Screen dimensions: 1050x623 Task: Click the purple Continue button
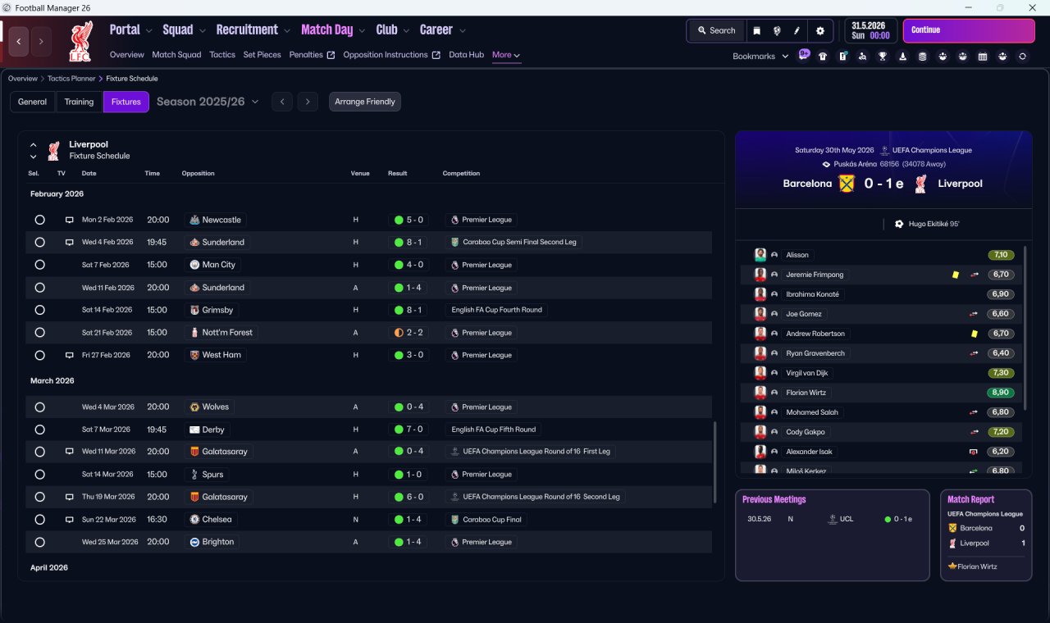pyautogui.click(x=969, y=30)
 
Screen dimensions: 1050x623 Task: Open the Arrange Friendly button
pyautogui.click(x=365, y=102)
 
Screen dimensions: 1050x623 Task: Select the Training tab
pyautogui.click(x=79, y=102)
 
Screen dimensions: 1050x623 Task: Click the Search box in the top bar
pyautogui.click(x=716, y=30)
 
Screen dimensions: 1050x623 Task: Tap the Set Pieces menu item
pyautogui.click(x=262, y=55)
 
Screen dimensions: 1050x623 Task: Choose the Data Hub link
pyautogui.click(x=467, y=55)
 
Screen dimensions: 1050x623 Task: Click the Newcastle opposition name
pyautogui.click(x=221, y=220)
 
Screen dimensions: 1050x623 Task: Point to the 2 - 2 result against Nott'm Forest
pyautogui.click(x=414, y=333)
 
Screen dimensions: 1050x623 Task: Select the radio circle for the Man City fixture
pyautogui.click(x=40, y=265)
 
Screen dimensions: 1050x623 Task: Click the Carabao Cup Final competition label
pyautogui.click(x=491, y=520)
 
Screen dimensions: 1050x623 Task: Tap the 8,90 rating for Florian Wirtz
pyautogui.click(x=1000, y=393)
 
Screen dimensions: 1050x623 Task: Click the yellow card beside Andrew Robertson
pyautogui.click(x=974, y=334)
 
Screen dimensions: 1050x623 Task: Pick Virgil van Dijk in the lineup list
pyautogui.click(x=806, y=373)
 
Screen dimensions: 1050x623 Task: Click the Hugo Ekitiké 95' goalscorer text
pyautogui.click(x=934, y=224)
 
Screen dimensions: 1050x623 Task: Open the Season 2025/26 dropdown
pyautogui.click(x=208, y=102)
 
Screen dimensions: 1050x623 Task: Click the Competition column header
pyautogui.click(x=461, y=173)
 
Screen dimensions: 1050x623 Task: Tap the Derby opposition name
pyautogui.click(x=213, y=430)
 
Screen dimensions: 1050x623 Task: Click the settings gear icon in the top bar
pyautogui.click(x=819, y=31)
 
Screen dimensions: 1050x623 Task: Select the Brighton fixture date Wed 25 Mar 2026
pyautogui.click(x=110, y=542)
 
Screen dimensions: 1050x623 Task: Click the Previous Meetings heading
pyautogui.click(x=774, y=499)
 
